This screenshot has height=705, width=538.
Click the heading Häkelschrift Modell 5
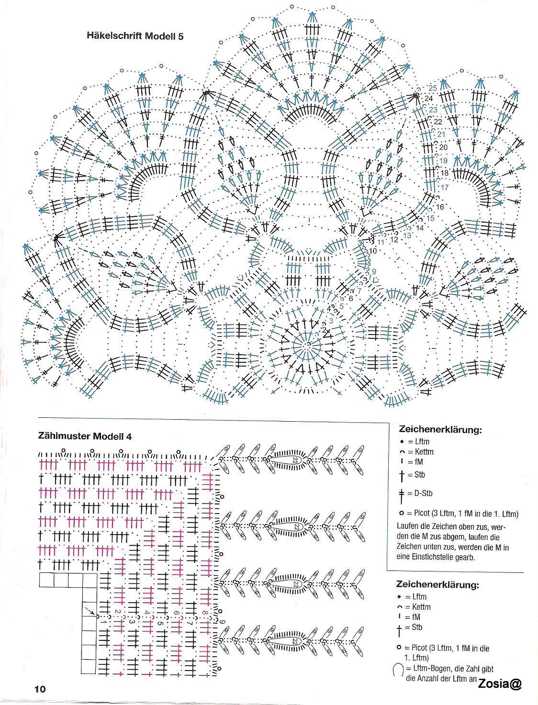(x=135, y=35)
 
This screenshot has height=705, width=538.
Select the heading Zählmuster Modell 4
(x=84, y=436)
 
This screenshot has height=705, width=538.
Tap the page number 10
(x=39, y=689)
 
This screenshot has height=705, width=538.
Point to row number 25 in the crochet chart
(x=432, y=88)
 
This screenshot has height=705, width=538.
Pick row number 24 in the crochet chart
(x=428, y=99)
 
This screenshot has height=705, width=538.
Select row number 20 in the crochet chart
(x=443, y=147)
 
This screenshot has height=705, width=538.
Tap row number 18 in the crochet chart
(x=444, y=173)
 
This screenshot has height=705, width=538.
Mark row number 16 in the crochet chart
(x=440, y=207)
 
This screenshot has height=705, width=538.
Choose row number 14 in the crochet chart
(x=420, y=228)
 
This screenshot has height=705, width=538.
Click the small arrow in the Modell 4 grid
(x=90, y=610)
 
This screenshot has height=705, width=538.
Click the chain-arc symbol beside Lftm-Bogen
(x=397, y=670)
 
